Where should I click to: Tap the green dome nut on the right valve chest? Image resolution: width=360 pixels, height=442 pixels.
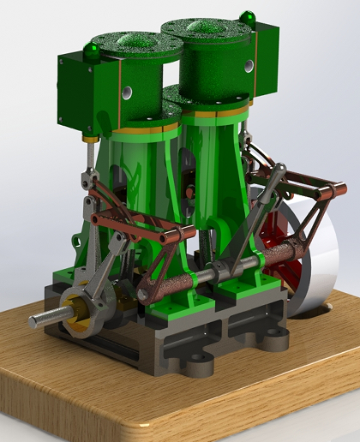(248, 17)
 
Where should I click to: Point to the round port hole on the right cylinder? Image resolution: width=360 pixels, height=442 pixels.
(249, 65)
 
